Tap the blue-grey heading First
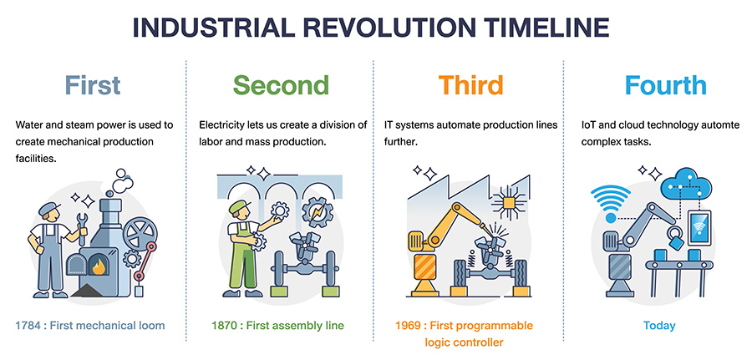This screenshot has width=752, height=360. click(x=93, y=85)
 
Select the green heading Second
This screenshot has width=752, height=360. click(x=281, y=85)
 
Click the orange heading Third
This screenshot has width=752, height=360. click(x=470, y=85)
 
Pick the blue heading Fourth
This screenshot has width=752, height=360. click(x=666, y=85)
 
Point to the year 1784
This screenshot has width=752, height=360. click(x=28, y=326)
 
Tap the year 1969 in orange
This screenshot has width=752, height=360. click(x=408, y=326)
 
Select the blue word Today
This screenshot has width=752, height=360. click(x=659, y=326)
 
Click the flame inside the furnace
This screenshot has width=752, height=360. click(x=99, y=266)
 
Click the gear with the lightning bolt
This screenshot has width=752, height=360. click(x=318, y=213)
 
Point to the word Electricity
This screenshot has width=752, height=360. click(x=221, y=125)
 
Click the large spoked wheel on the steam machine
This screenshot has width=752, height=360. click(x=140, y=233)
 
